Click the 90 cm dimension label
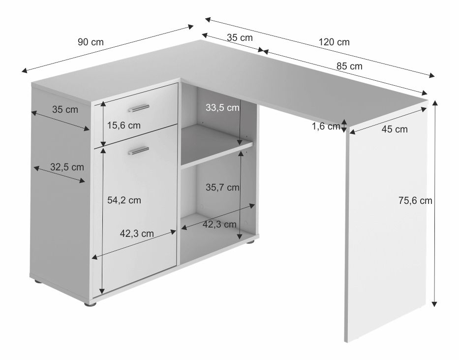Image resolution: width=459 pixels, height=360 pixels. [91, 42]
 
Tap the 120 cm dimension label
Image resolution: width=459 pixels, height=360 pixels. [334, 42]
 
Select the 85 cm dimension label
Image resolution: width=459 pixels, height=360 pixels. [349, 66]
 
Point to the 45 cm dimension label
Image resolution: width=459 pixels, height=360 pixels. [394, 129]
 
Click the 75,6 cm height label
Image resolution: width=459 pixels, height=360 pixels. [415, 200]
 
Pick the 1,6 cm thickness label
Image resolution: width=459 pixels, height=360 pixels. [326, 126]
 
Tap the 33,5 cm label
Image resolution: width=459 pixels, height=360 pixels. [222, 107]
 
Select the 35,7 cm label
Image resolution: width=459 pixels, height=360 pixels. [222, 187]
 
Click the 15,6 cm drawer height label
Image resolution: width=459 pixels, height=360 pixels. [124, 126]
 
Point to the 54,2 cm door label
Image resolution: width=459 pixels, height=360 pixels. [124, 200]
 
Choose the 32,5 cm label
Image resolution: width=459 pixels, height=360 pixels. [67, 167]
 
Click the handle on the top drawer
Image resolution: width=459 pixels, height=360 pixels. [138, 108]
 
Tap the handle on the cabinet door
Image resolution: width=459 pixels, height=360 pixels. [138, 150]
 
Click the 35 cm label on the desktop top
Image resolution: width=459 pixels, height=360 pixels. [240, 37]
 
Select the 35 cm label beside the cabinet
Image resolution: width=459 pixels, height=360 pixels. [65, 109]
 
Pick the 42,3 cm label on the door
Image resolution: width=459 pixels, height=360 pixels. [137, 233]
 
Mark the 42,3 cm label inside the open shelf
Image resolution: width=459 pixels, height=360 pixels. [219, 225]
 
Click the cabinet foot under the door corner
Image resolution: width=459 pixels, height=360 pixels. [91, 304]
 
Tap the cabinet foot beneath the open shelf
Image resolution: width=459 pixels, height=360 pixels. [250, 242]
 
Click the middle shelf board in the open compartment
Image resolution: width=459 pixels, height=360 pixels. [216, 146]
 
